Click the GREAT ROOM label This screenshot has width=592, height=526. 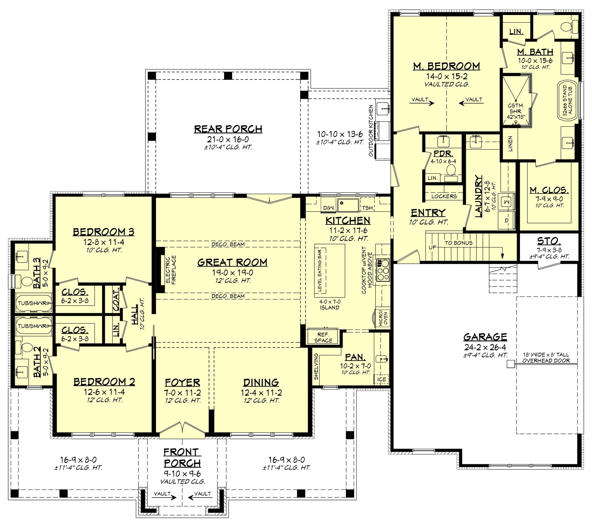pyautogui.click(x=232, y=262)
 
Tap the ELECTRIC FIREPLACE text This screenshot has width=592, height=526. pyautogui.click(x=171, y=269)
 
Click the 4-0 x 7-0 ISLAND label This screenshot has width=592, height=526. pyautogui.click(x=330, y=304)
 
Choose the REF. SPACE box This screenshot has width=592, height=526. pyautogui.click(x=323, y=338)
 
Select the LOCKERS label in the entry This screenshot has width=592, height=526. pyautogui.click(x=444, y=196)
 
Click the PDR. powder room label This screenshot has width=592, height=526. pyautogui.click(x=443, y=153)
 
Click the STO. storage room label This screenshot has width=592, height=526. pyautogui.click(x=549, y=241)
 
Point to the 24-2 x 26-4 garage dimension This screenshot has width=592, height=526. pyautogui.click(x=485, y=347)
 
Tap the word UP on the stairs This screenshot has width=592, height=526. pyautogui.click(x=432, y=248)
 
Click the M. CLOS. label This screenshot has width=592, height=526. pyautogui.click(x=549, y=190)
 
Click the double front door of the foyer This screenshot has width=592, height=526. pyautogui.click(x=182, y=430)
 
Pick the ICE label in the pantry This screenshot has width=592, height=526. pyautogui.click(x=382, y=379)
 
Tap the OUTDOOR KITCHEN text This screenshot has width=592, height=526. pyautogui.click(x=371, y=131)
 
